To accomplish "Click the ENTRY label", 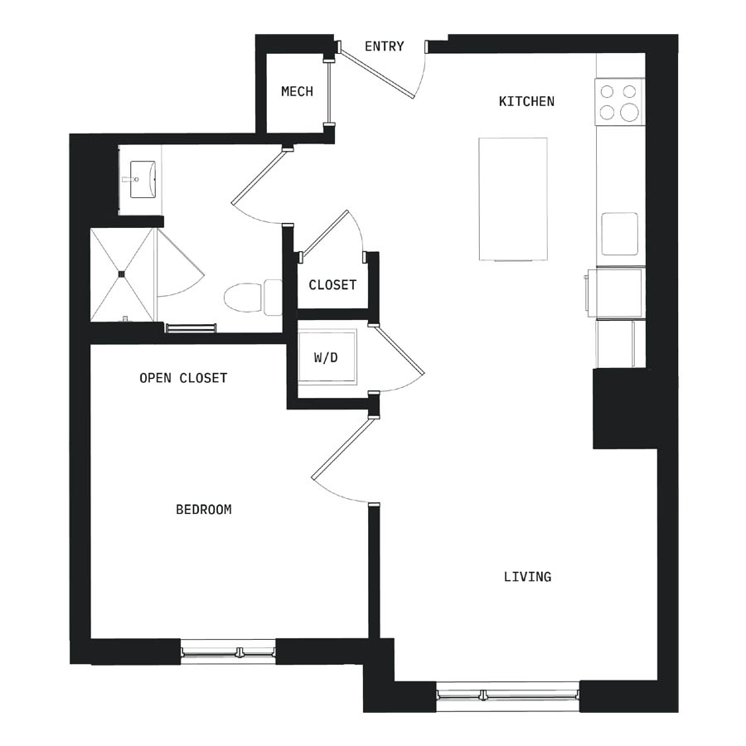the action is click(x=385, y=46).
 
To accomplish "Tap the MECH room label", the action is click(x=297, y=91).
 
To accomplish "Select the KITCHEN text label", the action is click(x=526, y=101).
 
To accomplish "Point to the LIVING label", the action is click(x=528, y=577).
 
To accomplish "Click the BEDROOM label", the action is click(x=204, y=510).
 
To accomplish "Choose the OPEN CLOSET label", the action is click(x=183, y=378).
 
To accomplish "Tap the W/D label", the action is click(x=326, y=357).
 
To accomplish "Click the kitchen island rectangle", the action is click(x=513, y=199).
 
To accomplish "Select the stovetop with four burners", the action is click(x=619, y=102).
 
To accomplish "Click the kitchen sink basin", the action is click(x=619, y=234).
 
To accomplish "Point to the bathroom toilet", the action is click(x=253, y=298).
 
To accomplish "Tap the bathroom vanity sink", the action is click(x=143, y=179).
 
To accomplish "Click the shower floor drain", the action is click(x=121, y=274).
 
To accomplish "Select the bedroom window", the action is click(x=229, y=652).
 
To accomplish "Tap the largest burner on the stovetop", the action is click(x=629, y=112).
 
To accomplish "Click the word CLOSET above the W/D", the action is click(x=332, y=285).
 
